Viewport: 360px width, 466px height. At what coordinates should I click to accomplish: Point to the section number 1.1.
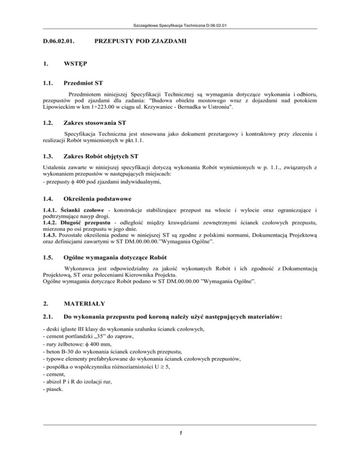coord(48,84)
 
